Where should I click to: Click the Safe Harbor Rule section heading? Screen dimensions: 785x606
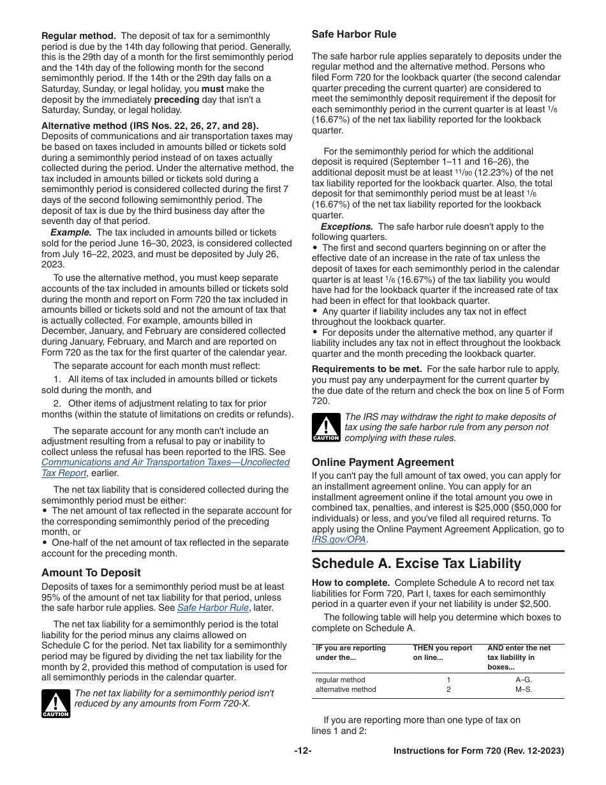point(353,34)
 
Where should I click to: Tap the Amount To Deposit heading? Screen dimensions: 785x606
point(91,573)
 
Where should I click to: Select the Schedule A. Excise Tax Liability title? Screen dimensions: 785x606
point(416,564)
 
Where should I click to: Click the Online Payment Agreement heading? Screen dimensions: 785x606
point(383,463)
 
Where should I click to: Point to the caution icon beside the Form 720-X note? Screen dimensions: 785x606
point(55,703)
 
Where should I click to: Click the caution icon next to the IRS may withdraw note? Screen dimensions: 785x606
point(326,428)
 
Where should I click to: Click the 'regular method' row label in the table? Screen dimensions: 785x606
point(341,680)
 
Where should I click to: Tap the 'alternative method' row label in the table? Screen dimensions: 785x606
point(346,689)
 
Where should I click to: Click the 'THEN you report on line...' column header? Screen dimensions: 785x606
point(442,653)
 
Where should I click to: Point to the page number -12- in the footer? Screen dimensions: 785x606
point(303,751)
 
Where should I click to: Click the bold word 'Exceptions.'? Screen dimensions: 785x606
point(346,227)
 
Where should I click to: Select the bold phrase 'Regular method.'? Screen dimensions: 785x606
point(78,36)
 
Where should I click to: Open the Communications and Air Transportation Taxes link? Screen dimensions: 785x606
point(165,462)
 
